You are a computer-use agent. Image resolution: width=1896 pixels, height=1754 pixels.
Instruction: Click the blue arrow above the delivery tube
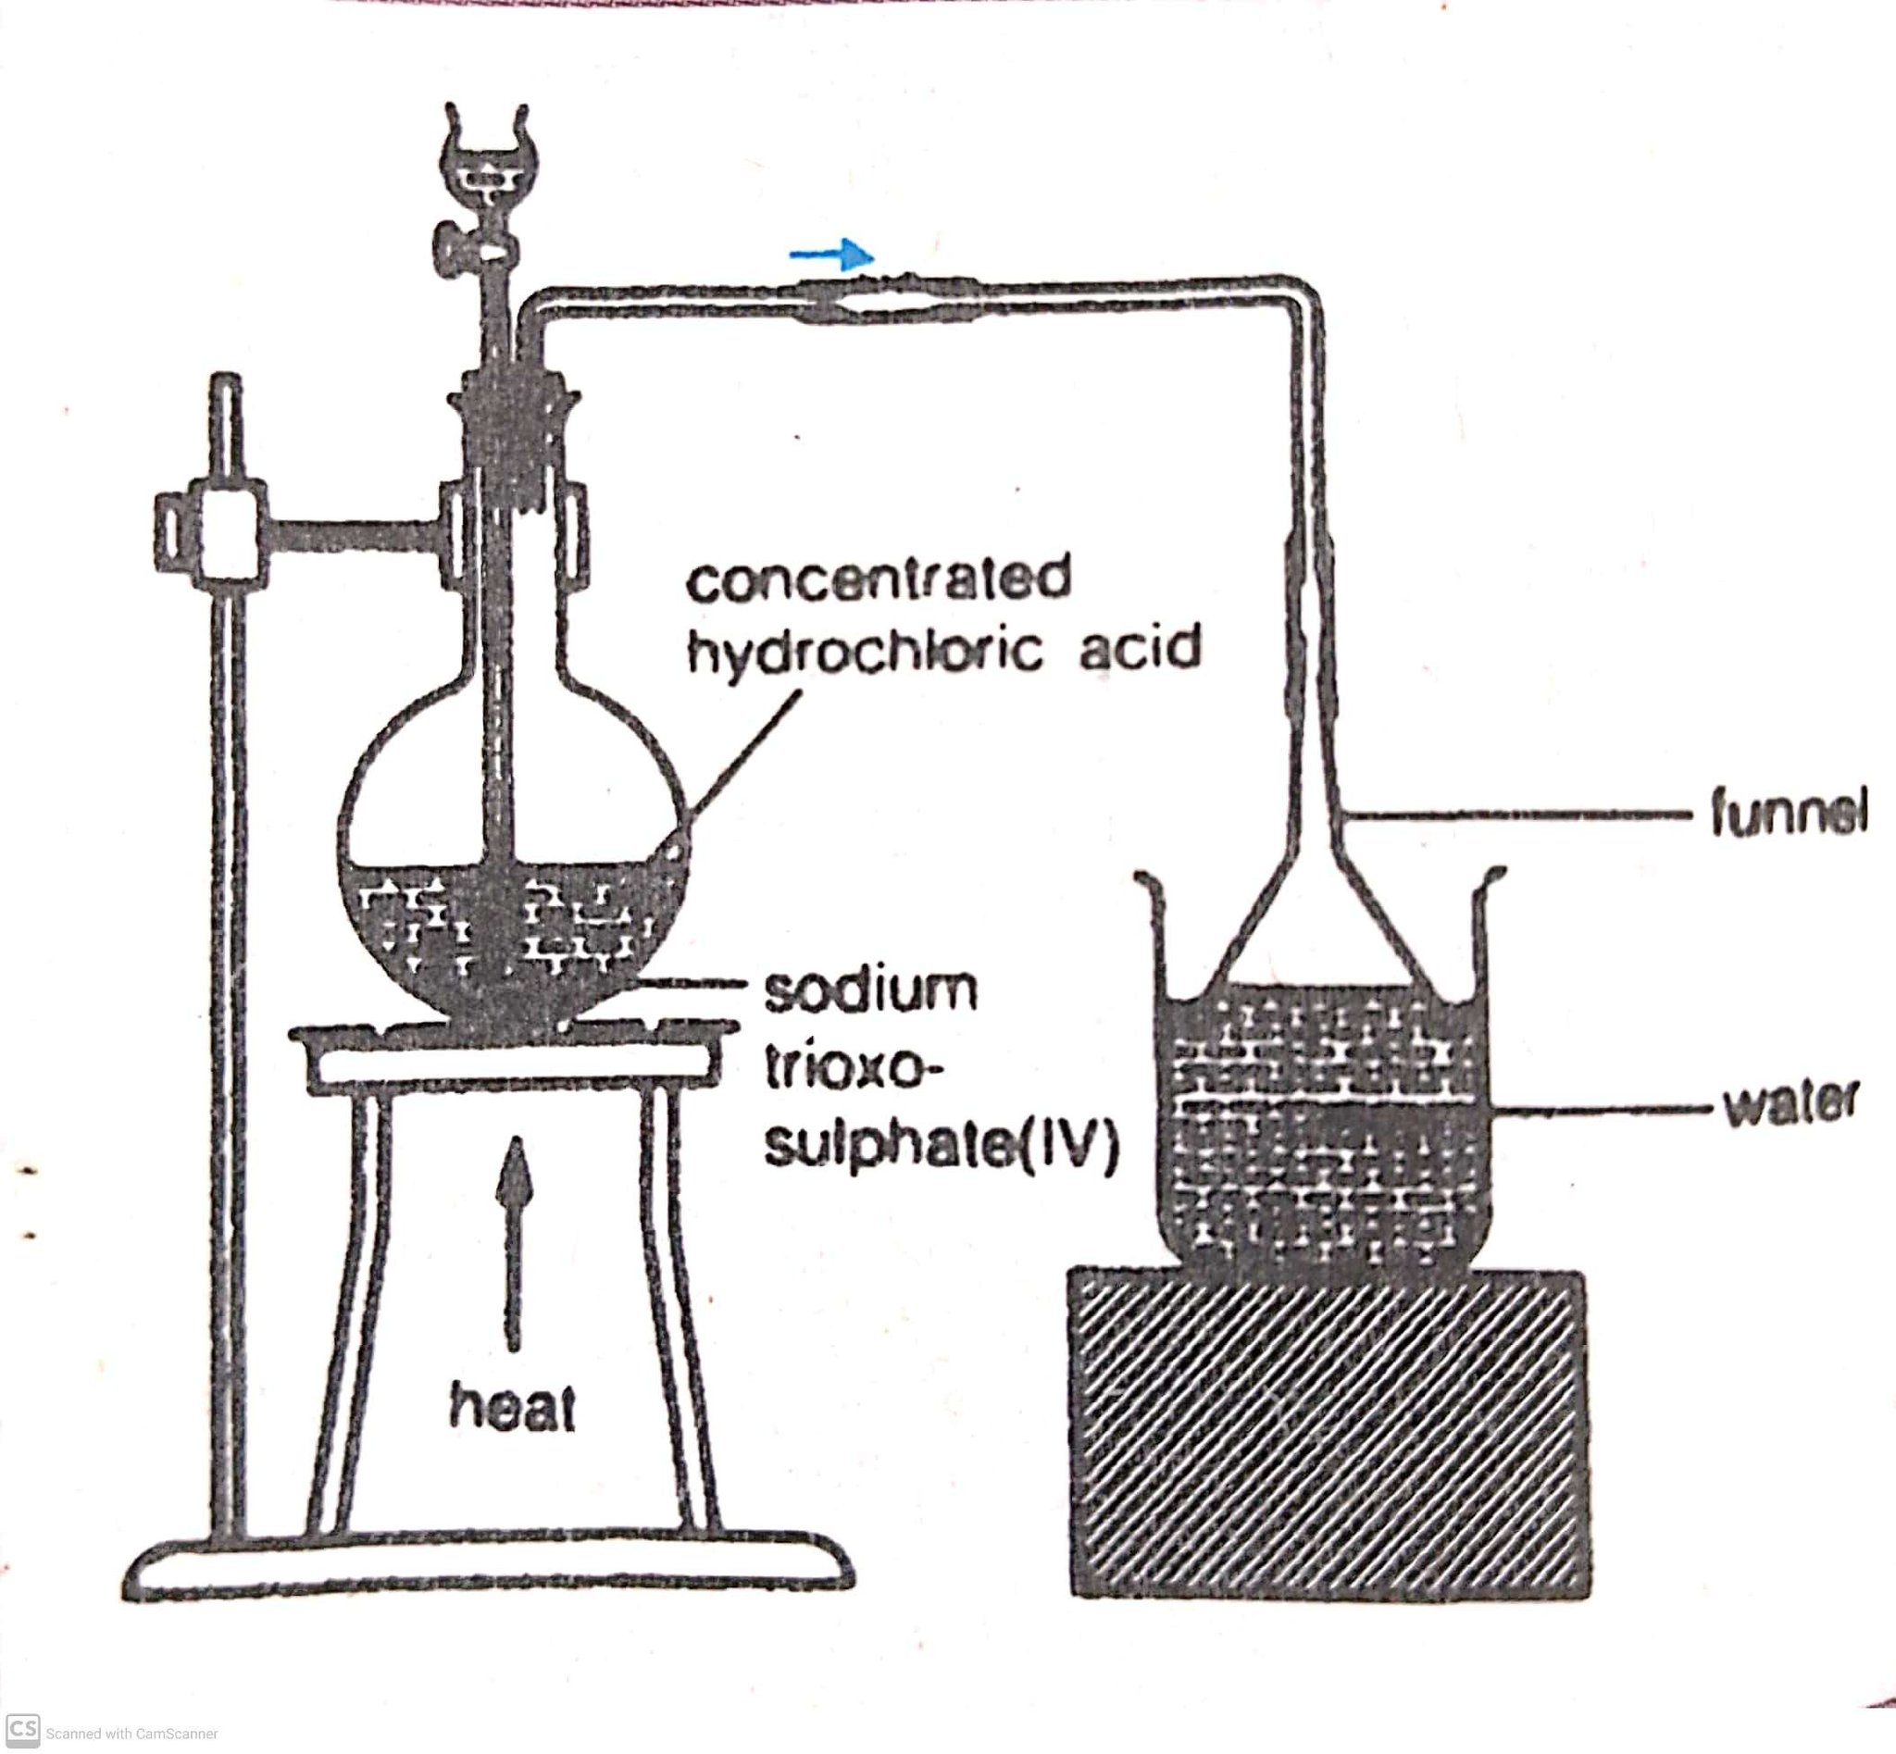[831, 255]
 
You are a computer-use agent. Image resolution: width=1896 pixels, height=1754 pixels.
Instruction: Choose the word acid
[1140, 647]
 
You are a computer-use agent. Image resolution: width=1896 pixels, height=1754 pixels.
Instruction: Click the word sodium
[869, 991]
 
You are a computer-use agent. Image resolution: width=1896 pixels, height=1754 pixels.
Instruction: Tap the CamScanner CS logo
[23, 1727]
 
